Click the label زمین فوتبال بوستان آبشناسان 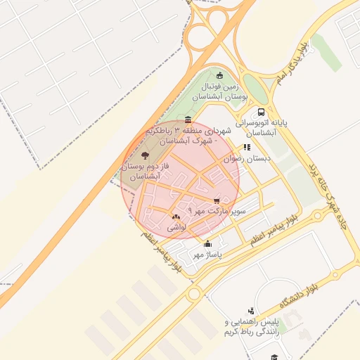[x=221, y=91]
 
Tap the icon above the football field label [x=220, y=75]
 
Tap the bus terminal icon [x=262, y=112]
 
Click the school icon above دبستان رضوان [x=247, y=148]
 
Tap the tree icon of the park [x=145, y=155]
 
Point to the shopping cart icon [x=216, y=201]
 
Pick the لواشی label [x=175, y=228]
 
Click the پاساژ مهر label [x=207, y=254]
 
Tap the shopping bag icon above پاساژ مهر [x=207, y=244]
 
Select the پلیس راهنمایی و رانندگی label [x=251, y=327]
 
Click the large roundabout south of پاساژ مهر [x=194, y=294]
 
